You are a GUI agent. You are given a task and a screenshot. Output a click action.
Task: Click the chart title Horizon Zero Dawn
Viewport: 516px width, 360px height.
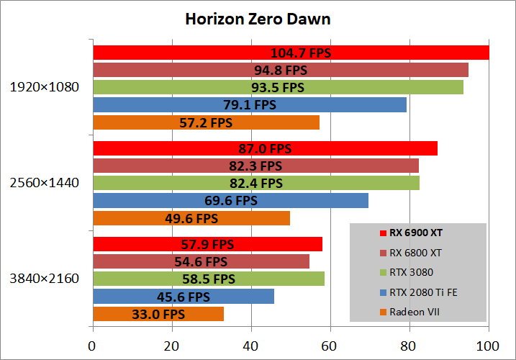pyautogui.click(x=258, y=19)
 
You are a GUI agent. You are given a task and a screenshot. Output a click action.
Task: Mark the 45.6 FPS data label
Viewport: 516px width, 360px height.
pyautogui.click(x=184, y=297)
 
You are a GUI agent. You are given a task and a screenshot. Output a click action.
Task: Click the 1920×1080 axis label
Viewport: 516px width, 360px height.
pyautogui.click(x=45, y=88)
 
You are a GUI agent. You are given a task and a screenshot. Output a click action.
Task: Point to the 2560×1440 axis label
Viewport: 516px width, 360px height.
pyautogui.click(x=45, y=183)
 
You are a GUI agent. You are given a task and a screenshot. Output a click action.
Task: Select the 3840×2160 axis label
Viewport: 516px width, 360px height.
pyautogui.click(x=45, y=278)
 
